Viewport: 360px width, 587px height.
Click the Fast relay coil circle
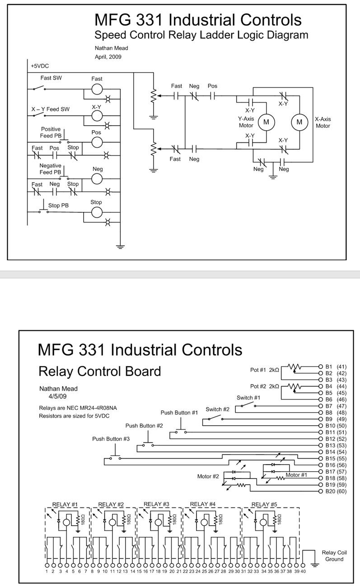(97, 89)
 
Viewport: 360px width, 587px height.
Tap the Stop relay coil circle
(97, 212)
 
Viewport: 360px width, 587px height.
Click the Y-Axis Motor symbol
(266, 122)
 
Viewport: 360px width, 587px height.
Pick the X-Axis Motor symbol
(299, 122)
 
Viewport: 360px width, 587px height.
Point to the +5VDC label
(40, 66)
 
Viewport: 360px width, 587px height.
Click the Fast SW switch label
(51, 78)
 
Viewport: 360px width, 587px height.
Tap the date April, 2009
(108, 57)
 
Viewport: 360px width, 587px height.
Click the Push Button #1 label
(179, 413)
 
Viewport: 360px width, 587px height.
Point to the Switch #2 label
(218, 409)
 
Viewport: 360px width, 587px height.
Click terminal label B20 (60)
(336, 491)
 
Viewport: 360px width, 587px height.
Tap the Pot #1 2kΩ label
(265, 370)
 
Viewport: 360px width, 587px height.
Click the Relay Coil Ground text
(334, 556)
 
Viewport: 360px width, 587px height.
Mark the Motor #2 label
(208, 476)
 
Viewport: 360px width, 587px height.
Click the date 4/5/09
(57, 396)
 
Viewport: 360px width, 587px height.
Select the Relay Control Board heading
(100, 371)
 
